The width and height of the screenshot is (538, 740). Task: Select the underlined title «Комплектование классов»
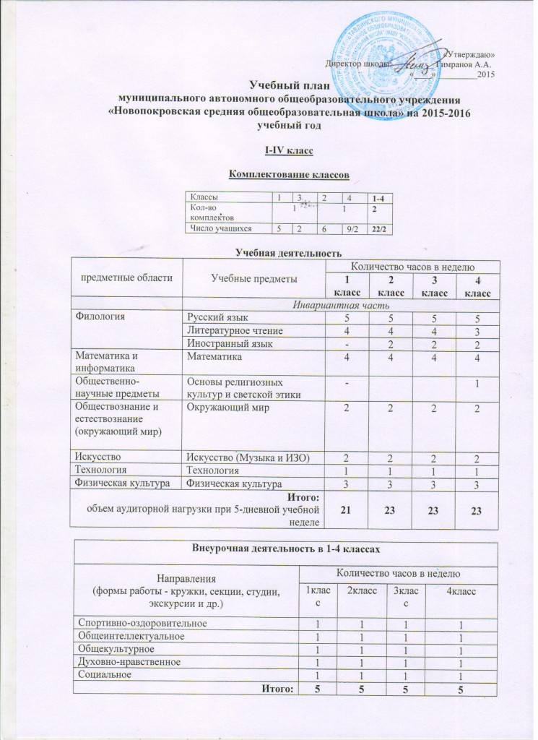(x=289, y=173)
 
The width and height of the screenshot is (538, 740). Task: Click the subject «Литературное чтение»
(x=223, y=330)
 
